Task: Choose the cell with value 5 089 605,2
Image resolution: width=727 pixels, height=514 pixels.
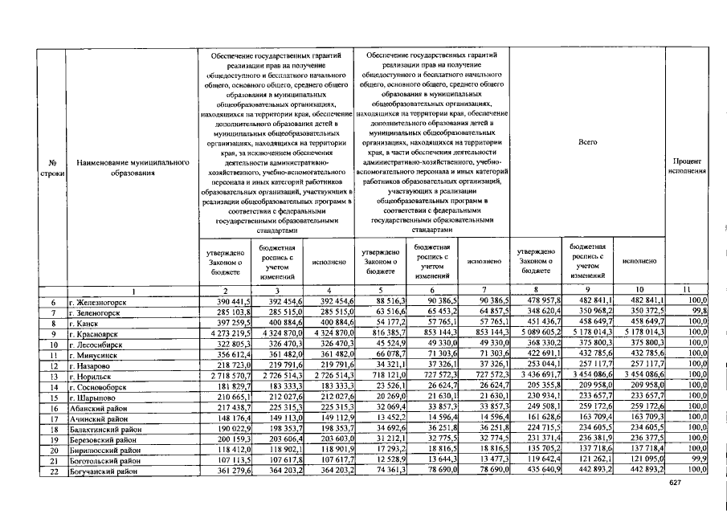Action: coord(539,332)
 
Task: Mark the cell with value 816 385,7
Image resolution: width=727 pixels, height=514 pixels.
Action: coord(382,332)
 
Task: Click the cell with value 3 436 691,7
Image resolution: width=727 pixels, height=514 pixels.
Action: coord(539,374)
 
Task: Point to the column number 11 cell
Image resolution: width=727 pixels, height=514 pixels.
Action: coord(688,290)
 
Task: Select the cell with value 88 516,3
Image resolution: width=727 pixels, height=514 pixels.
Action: coord(382,300)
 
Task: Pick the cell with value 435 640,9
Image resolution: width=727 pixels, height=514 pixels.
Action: coord(539,471)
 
